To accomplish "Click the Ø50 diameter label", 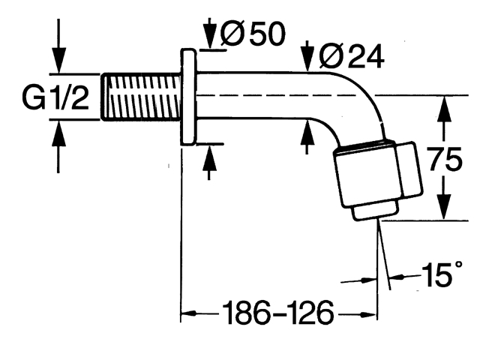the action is (x=253, y=34).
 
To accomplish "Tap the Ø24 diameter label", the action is (x=351, y=57).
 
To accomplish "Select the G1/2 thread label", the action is (x=55, y=98).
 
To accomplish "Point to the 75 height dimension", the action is (x=445, y=159).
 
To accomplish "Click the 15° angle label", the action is (x=442, y=274).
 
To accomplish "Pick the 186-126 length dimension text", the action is (x=277, y=313).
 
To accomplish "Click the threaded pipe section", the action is (x=142, y=97).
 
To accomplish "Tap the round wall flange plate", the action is (x=188, y=97).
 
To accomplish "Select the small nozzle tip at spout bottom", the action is (x=376, y=211).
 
